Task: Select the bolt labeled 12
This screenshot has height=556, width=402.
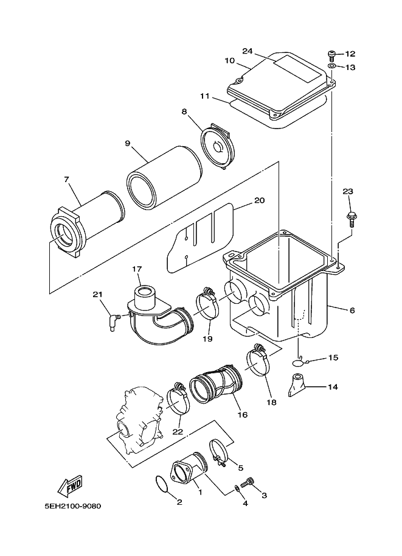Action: [332, 54]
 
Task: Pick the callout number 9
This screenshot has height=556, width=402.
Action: [128, 143]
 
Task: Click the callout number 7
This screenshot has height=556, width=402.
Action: [67, 179]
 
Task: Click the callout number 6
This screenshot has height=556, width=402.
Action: [352, 310]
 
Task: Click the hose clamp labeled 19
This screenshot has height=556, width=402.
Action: [206, 304]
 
